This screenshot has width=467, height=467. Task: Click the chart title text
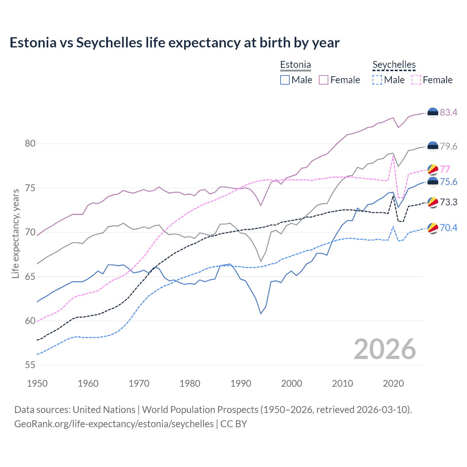click(x=174, y=43)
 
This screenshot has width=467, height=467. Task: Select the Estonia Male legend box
click(x=285, y=80)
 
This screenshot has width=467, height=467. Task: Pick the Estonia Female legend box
click(x=324, y=80)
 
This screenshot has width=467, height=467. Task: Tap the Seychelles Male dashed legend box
click(x=377, y=80)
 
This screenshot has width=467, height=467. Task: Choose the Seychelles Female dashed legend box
click(x=416, y=80)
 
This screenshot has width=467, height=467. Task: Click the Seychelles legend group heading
click(x=394, y=65)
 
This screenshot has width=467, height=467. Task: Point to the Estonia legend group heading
click(x=296, y=65)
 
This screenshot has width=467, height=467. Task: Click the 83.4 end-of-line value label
click(x=448, y=112)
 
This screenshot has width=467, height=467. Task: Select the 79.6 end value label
click(x=448, y=146)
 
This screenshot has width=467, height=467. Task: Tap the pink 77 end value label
click(x=445, y=169)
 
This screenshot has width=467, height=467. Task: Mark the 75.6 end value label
click(x=448, y=182)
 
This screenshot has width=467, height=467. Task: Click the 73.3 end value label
click(x=448, y=202)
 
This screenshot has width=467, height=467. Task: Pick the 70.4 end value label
click(x=448, y=228)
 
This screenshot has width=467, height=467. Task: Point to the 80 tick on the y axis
click(x=30, y=143)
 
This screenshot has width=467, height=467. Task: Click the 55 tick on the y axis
click(x=30, y=365)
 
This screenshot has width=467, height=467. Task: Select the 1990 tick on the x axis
click(x=241, y=383)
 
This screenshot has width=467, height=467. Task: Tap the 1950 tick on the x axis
click(x=37, y=383)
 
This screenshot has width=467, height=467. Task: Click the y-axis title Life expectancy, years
click(x=16, y=233)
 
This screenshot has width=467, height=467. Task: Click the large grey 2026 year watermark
click(x=385, y=349)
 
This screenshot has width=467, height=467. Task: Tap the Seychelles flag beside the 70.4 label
click(x=433, y=228)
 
